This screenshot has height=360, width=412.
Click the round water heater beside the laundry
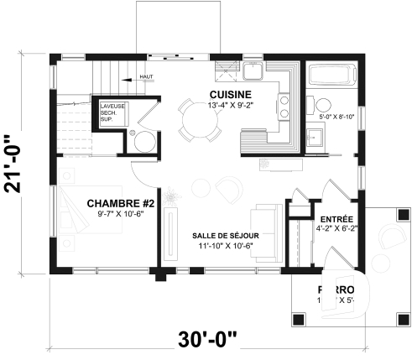tap(143, 140)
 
